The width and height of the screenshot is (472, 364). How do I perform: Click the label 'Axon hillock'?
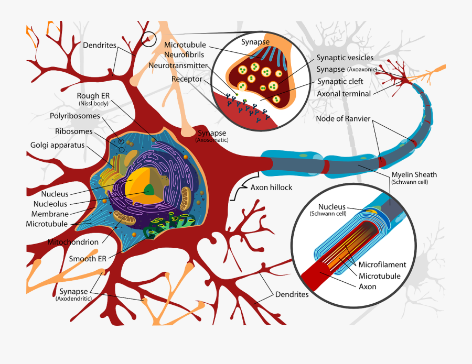point(271,187)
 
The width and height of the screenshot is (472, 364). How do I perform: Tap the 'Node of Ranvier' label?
point(343,118)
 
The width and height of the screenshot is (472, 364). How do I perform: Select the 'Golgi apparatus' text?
point(57,145)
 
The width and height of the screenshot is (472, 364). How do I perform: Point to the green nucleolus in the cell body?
point(150,189)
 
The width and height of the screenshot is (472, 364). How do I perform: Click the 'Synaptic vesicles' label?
point(345,58)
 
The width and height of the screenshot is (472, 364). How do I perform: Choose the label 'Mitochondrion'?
point(73,242)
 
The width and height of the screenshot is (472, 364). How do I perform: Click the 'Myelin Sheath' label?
point(414,174)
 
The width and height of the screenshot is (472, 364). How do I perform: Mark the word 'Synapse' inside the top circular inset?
point(255,41)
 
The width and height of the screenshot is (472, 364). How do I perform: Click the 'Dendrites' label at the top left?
point(99,45)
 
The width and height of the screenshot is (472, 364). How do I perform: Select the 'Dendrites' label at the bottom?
point(292,294)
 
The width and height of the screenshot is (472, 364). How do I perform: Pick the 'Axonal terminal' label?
point(344,94)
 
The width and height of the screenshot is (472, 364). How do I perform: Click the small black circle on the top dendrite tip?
point(149,39)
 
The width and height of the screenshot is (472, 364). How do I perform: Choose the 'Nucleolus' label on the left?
point(50,204)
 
